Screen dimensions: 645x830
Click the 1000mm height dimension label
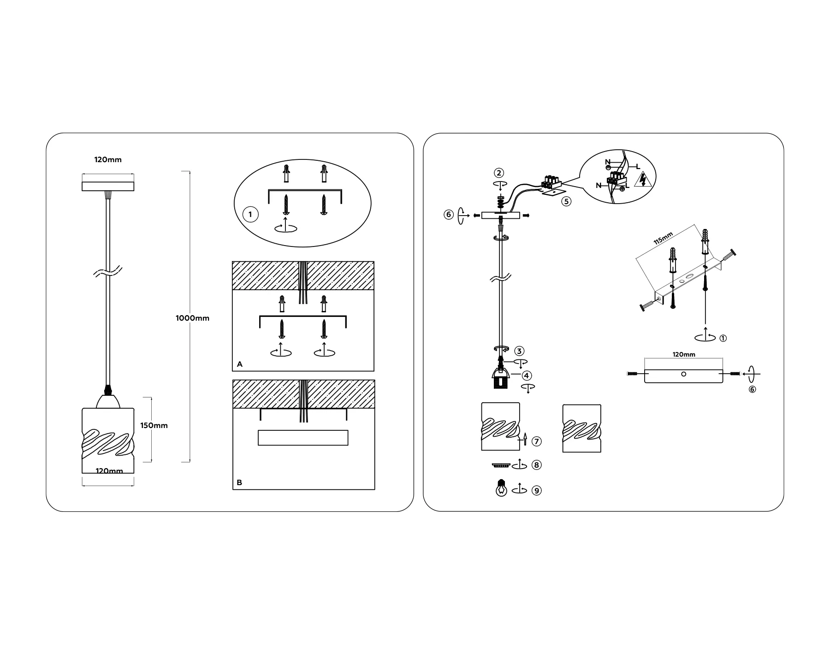[x=192, y=318]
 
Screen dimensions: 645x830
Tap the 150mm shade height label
[x=154, y=425]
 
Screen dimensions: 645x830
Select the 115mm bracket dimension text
[x=663, y=238]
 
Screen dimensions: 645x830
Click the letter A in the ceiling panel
[x=239, y=364]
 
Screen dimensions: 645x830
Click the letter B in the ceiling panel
[x=239, y=482]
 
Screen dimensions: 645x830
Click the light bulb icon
[x=501, y=488]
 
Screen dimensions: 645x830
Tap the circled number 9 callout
[x=536, y=490]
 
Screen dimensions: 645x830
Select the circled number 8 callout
[x=536, y=465]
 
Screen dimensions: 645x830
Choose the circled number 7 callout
[x=536, y=441]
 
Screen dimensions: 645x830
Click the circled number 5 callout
[x=566, y=201]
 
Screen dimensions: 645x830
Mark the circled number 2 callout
[x=499, y=173]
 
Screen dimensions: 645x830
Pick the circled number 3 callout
[x=519, y=351]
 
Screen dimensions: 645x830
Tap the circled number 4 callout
[x=527, y=376]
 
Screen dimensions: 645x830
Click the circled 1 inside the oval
[x=250, y=214]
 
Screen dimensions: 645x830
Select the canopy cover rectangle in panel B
[x=303, y=438]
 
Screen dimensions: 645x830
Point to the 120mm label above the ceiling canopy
[x=108, y=160]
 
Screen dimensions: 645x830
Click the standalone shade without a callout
[x=582, y=428]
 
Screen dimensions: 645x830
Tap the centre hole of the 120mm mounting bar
[x=683, y=374]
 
